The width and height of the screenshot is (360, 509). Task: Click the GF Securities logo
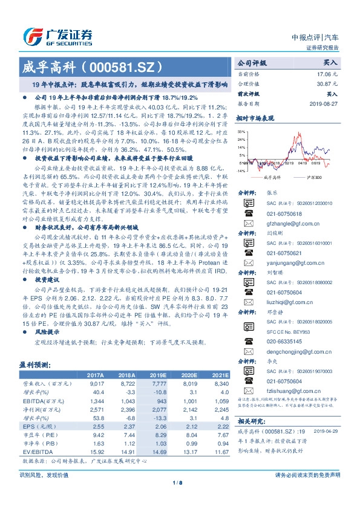click(57, 35)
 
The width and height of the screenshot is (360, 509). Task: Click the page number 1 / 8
click(179, 499)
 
